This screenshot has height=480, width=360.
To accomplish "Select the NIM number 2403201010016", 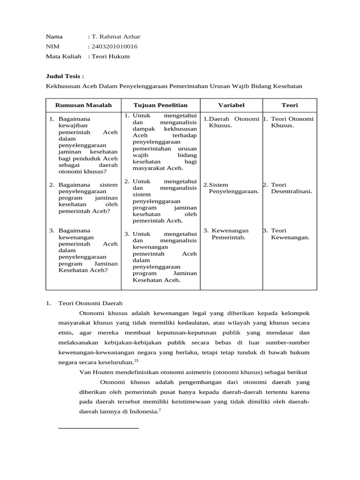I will pos(114,46).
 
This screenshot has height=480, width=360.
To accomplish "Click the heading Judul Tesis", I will pos(65,76).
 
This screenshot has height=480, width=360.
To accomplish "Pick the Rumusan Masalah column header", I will pos(83,105).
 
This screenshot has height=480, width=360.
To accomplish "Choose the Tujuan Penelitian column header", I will pos(160,105).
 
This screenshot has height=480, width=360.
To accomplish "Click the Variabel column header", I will pos(231,105).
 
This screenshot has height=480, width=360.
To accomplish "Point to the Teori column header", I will pos(289,105).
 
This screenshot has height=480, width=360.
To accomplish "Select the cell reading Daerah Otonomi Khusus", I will pos(232,122).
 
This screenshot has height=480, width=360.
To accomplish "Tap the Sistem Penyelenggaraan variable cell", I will pos(232,188).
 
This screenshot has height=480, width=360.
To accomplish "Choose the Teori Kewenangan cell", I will pos(290,233).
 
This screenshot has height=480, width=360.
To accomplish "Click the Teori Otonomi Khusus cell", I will pos(290,122).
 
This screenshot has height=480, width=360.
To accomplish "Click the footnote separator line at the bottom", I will pos(98,428).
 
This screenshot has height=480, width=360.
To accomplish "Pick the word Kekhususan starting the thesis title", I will pos(62,86).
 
